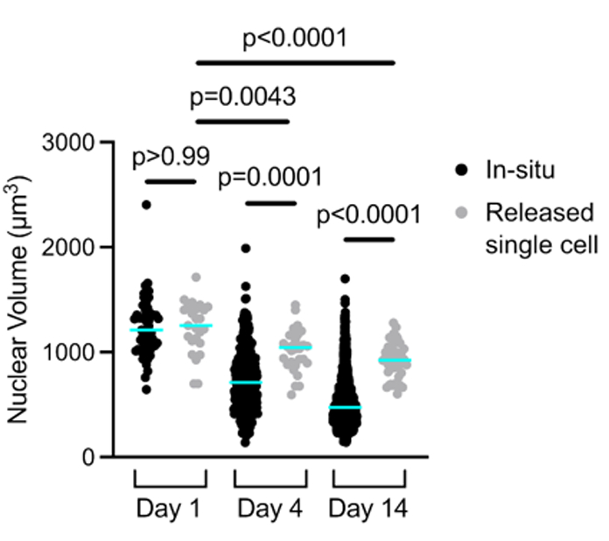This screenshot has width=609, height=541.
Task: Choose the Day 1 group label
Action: (x=170, y=508)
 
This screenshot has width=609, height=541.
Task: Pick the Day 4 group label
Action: (x=269, y=508)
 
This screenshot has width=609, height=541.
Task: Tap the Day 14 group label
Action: (x=368, y=508)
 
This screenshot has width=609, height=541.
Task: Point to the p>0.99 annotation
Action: (x=171, y=158)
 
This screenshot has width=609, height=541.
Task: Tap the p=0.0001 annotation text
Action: (x=269, y=178)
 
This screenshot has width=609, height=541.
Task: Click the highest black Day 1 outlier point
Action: (x=146, y=204)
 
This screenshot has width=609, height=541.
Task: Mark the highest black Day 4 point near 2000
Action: (x=246, y=249)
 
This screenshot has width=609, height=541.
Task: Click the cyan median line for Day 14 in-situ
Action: (x=344, y=408)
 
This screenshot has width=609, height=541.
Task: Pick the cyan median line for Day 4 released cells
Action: (x=295, y=347)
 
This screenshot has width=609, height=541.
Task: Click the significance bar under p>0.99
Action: (x=171, y=181)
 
